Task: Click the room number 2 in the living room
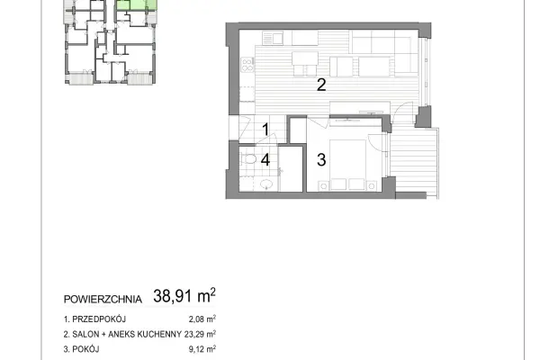tap(321, 85)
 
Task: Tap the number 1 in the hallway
tap(265, 130)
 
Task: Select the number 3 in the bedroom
tap(321, 160)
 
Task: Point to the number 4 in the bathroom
tap(265, 160)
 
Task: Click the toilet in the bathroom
tap(248, 159)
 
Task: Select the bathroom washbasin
tap(266, 184)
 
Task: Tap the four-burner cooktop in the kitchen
tap(247, 65)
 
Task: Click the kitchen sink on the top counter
tap(273, 38)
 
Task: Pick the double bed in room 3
tap(347, 165)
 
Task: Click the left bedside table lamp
tap(324, 186)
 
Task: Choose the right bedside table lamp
tap(372, 186)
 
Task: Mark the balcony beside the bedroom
tap(413, 163)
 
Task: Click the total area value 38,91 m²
tap(184, 296)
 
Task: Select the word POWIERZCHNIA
tap(103, 300)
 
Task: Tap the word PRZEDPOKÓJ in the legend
tap(99, 319)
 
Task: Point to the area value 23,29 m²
tap(200, 334)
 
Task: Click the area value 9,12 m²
tap(202, 349)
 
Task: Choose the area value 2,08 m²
tap(202, 319)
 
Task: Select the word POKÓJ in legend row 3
tap(85, 349)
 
